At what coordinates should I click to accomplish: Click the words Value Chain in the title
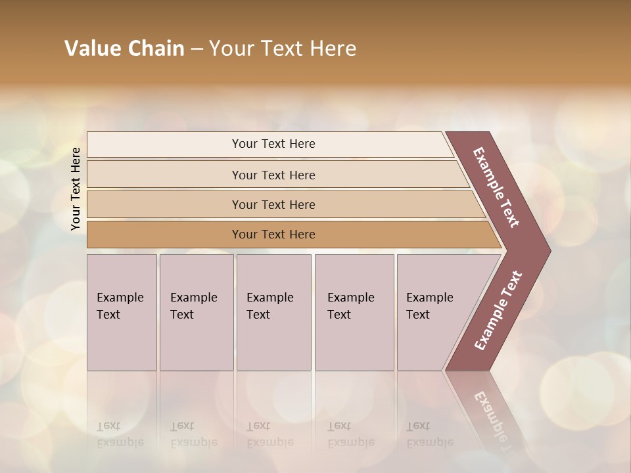124,49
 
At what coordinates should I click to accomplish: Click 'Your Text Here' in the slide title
283,49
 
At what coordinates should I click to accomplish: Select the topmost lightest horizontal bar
164,145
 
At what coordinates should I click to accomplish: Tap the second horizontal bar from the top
164,175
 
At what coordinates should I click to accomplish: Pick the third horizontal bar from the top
164,204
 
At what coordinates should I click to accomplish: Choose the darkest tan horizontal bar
164,235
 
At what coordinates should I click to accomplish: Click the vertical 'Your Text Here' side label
76,189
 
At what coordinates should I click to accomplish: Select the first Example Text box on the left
122,312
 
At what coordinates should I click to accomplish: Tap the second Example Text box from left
197,312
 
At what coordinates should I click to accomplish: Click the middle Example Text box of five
273,312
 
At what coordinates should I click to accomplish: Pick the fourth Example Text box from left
354,312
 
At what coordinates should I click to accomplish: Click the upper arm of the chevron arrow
496,187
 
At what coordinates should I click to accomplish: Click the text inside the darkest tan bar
273,235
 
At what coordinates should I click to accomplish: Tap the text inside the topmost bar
273,144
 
